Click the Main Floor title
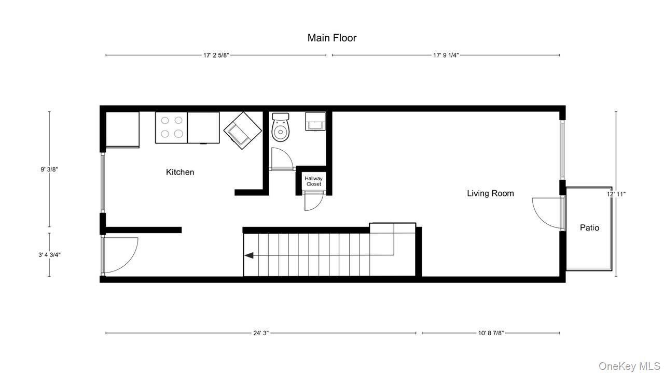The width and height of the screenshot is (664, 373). point(331,38)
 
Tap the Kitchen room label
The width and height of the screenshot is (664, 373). point(180,172)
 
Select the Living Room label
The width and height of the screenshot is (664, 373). point(490,193)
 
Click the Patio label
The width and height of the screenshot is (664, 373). point(589,227)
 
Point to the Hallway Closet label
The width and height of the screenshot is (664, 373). point(313,181)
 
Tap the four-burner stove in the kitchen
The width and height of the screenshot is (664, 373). point(171,127)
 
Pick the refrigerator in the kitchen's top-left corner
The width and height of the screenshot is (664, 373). point(122,130)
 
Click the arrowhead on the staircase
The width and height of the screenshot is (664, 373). point(249,255)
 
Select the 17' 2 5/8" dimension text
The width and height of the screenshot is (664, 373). point(216,55)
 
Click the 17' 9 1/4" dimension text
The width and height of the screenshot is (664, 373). point(446,55)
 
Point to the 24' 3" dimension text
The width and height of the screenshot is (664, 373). point(261,333)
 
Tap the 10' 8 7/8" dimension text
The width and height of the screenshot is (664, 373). point(490,333)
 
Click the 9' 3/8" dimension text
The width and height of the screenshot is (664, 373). point(49,169)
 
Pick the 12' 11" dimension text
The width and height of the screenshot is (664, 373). point(616,194)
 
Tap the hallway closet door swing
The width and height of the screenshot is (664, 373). point(312,202)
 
